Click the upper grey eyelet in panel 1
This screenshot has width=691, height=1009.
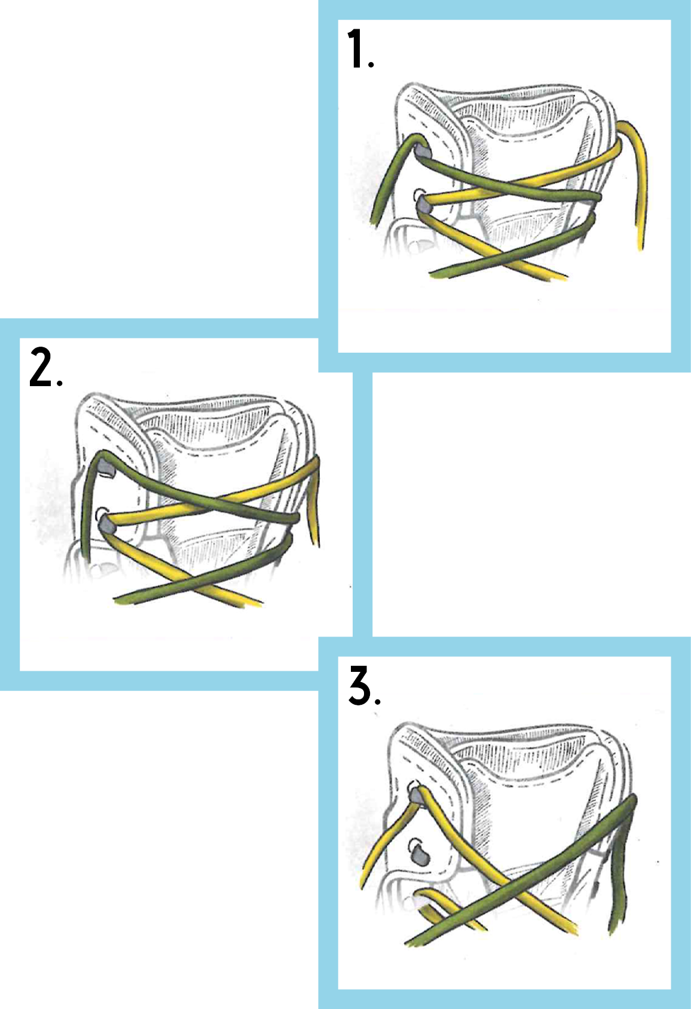pos(422,151)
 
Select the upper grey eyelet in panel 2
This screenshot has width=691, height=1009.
pos(106,469)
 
